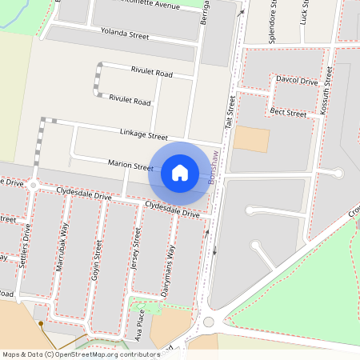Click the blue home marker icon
point(179,172)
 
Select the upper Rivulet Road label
point(152,74)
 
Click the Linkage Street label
point(144,137)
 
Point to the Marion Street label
point(131,167)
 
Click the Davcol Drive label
point(297,82)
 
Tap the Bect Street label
point(288,113)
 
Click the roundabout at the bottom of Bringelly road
point(210,322)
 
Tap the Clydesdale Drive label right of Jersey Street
point(172,210)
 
